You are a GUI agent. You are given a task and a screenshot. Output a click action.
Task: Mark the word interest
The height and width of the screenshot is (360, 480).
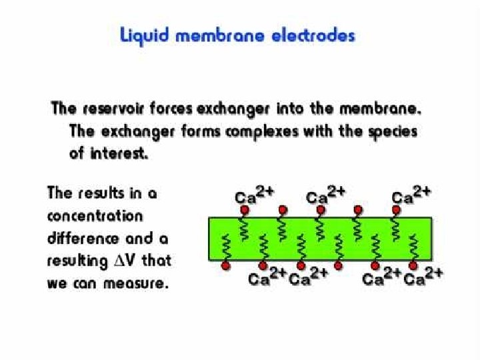117,153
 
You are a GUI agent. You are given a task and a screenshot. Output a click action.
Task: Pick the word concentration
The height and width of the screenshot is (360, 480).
95,216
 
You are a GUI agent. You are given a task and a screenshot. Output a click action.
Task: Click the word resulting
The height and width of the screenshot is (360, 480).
75,260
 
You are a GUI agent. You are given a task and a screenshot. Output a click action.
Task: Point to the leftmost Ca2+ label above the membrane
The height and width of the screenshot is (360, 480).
254,196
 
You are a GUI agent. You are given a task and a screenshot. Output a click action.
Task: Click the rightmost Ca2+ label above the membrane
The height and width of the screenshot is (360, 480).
411,196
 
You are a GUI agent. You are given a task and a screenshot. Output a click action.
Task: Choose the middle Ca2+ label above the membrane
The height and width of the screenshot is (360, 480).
325,196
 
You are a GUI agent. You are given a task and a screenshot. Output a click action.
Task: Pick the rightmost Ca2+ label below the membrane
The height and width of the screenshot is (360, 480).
424,277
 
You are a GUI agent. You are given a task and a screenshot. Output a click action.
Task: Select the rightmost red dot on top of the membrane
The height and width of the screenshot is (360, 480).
395,209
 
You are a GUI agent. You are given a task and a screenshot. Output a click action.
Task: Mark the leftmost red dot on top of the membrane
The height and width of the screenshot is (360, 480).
245,209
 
